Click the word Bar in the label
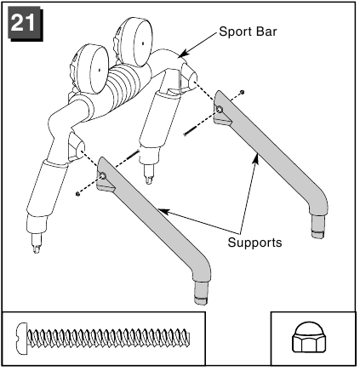pyautogui.click(x=266, y=31)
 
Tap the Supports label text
pyautogui.click(x=255, y=243)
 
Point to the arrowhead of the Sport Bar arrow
pyautogui.click(x=183, y=54)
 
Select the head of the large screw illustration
pyautogui.click(x=22, y=338)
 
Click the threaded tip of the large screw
pyautogui.click(x=186, y=338)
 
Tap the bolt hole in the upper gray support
pyautogui.click(x=220, y=109)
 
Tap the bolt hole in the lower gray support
pyautogui.click(x=103, y=176)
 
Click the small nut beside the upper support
pyautogui.click(x=242, y=92)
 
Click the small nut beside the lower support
pyautogui.click(x=77, y=194)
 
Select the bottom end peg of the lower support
pyautogui.click(x=201, y=294)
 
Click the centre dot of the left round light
pyautogui.click(x=100, y=70)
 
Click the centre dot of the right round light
pyautogui.click(x=143, y=43)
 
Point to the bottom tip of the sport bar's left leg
pyautogui.click(x=37, y=249)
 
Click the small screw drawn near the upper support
pyautogui.click(x=193, y=130)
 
